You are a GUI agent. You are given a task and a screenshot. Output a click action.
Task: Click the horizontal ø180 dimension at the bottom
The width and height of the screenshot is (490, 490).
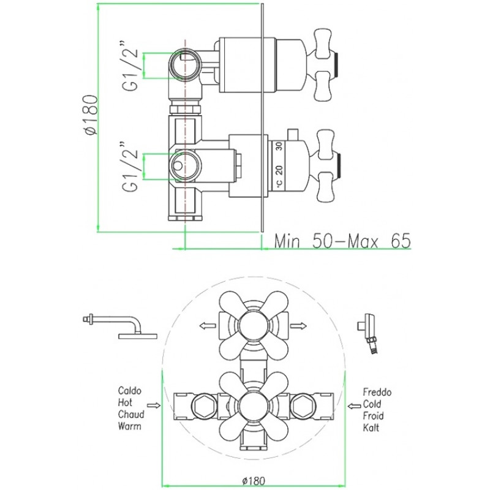[x=254, y=480]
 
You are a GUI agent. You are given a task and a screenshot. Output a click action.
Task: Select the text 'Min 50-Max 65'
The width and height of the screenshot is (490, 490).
[x=342, y=241]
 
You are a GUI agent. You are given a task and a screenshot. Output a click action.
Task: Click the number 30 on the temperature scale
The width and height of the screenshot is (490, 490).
[x=279, y=146]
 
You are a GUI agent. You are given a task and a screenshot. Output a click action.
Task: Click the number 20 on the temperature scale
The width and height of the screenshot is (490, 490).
[x=279, y=170]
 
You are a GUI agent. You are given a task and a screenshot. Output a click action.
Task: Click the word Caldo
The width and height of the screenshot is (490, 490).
[x=130, y=391]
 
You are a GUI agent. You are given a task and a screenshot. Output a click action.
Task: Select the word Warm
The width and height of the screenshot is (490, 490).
[x=129, y=426]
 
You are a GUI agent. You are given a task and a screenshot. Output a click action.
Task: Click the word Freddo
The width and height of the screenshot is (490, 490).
[x=377, y=392]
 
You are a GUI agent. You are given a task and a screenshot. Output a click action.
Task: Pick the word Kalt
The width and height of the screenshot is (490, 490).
[x=371, y=428]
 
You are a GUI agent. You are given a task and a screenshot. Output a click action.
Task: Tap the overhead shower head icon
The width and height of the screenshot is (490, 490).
[x=120, y=327]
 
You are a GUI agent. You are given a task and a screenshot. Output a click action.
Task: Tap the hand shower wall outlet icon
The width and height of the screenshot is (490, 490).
[x=367, y=334]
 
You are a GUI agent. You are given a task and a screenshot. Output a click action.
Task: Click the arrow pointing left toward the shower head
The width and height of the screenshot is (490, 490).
[x=208, y=326]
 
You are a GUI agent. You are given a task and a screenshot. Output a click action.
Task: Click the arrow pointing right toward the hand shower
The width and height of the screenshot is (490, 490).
[x=298, y=326]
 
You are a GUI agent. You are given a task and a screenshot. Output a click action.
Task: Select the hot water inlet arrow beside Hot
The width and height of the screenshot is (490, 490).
[x=154, y=405]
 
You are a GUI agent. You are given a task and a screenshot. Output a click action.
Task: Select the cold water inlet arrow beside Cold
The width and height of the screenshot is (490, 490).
[x=354, y=406]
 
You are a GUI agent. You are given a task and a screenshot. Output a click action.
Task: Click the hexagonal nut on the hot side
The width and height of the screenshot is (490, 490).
[x=205, y=405]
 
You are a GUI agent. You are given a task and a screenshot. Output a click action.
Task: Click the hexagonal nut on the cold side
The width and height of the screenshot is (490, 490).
[x=303, y=405]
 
